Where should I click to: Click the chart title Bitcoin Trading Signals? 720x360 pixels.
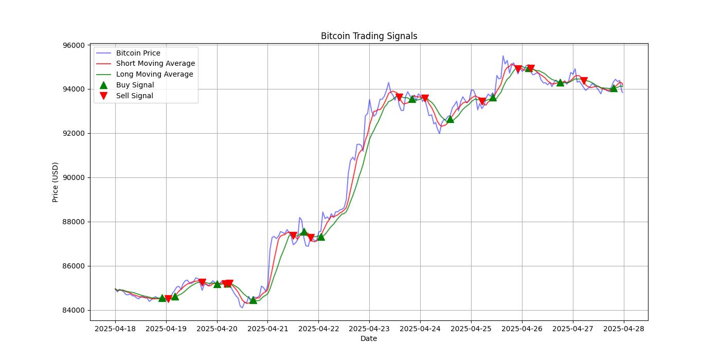(x=369, y=36)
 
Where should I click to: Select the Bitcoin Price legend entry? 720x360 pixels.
(x=138, y=53)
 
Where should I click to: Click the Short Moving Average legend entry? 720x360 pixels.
(x=155, y=64)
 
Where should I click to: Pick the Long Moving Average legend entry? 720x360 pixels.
(x=154, y=74)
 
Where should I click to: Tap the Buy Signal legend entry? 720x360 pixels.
(x=135, y=85)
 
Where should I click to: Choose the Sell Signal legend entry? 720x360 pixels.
(x=134, y=96)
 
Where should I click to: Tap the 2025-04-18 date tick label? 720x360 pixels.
(x=115, y=329)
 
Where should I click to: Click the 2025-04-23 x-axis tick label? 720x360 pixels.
(x=369, y=329)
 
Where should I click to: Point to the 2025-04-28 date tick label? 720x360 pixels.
(x=624, y=329)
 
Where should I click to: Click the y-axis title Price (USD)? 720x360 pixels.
(x=56, y=182)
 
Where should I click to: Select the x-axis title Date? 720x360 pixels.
(x=369, y=338)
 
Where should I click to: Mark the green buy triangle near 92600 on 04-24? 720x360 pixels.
(x=450, y=119)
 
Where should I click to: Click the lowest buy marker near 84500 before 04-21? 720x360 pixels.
(x=253, y=299)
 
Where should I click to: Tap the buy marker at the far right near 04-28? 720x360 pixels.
(x=614, y=88)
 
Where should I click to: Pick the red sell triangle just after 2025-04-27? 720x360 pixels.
(x=584, y=81)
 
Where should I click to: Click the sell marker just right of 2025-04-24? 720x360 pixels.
(x=425, y=98)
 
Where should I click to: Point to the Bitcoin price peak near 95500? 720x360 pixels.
(x=503, y=56)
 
